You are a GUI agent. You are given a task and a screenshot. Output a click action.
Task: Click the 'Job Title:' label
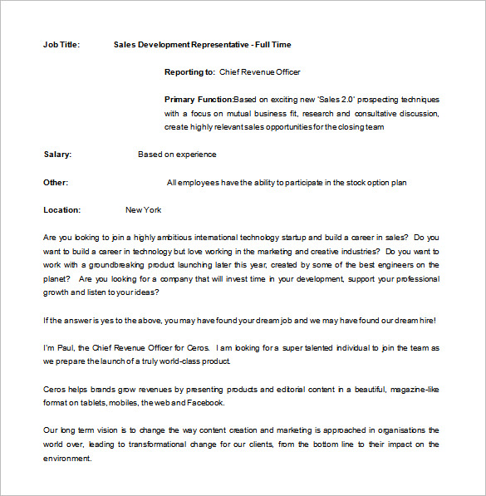[61, 45]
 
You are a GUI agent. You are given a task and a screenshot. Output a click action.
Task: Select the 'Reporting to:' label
[189, 72]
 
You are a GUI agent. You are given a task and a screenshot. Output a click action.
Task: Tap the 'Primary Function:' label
[199, 100]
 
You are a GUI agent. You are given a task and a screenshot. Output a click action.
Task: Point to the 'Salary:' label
[57, 155]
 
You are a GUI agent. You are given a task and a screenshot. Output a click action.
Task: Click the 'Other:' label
[56, 183]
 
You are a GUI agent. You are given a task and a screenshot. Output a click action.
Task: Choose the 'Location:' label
[62, 210]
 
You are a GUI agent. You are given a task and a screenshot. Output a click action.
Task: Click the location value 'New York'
[143, 210]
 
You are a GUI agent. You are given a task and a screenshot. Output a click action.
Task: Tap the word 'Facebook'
[206, 403]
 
